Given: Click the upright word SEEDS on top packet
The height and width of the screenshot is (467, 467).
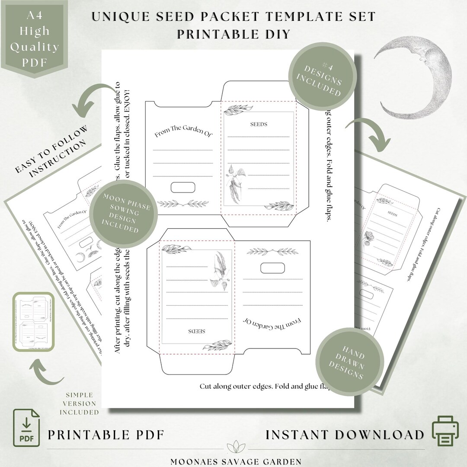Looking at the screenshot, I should click(259, 125).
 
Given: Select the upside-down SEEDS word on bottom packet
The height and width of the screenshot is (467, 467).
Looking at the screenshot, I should click(197, 331).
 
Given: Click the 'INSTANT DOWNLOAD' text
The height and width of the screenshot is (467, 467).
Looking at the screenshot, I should click(345, 435).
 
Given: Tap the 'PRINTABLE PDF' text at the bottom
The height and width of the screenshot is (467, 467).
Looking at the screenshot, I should click(106, 435).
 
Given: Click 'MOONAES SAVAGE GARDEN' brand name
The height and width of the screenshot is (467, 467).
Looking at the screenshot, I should click(236, 461).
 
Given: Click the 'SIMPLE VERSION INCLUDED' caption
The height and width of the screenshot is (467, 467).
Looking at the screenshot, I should click(79, 403).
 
